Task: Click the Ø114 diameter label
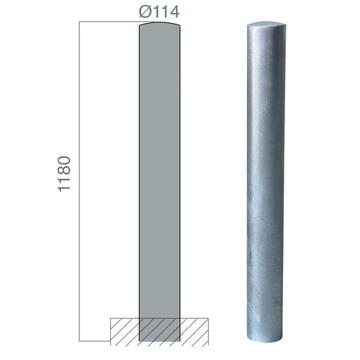159,12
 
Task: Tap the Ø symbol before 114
145,12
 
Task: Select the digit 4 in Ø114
174,12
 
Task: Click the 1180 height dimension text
64,174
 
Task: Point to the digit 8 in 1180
64,170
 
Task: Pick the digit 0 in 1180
64,161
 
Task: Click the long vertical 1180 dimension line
79,181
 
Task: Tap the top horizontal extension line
117,22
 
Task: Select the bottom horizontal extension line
95,341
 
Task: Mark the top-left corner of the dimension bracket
79,22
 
